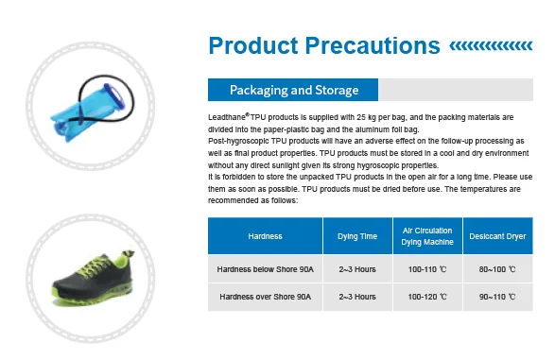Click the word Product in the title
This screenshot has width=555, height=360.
coord(253,45)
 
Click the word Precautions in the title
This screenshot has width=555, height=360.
coord(373,45)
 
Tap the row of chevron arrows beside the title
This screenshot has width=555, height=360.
coord(491,46)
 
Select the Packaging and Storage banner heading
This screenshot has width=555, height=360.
coord(294,90)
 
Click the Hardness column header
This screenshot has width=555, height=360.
coord(265,236)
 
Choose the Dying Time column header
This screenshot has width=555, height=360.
coord(357,236)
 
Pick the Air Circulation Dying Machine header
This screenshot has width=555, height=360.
coord(427,236)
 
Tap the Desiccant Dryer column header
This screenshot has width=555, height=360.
coord(497,236)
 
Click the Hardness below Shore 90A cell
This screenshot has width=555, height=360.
coord(265,269)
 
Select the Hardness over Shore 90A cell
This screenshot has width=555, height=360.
coord(265,297)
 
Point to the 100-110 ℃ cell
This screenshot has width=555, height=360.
coord(427,269)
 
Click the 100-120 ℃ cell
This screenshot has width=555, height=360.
coord(427,297)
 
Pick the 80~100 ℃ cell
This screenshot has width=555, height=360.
coord(497,269)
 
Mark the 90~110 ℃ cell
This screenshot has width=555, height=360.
coord(497,297)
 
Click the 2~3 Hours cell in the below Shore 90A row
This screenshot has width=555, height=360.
coord(357,269)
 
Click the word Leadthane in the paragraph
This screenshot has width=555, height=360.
coord(227,117)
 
